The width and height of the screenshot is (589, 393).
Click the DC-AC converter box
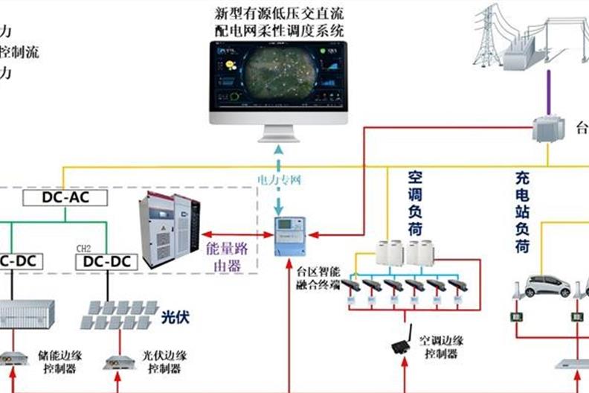point(65,197)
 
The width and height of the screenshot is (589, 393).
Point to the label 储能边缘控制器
point(60,362)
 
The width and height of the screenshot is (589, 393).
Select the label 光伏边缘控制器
point(164,362)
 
